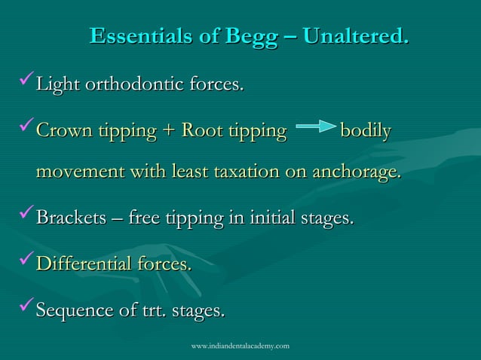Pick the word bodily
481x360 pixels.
(366, 132)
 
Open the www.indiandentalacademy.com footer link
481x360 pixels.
(240, 346)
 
